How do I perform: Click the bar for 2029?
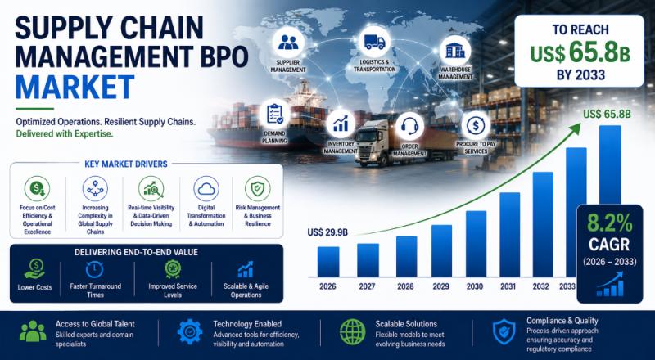pyautogui.click(x=441, y=251)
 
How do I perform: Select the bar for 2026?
pyautogui.click(x=328, y=262)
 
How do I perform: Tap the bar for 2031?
pyautogui.click(x=509, y=235)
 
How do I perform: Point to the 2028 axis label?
pyautogui.click(x=405, y=287)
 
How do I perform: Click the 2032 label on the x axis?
pyautogui.click(x=540, y=287)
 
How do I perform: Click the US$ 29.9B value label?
pyautogui.click(x=327, y=232)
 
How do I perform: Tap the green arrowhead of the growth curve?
pyautogui.click(x=576, y=128)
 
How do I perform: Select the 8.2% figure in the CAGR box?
pyautogui.click(x=609, y=224)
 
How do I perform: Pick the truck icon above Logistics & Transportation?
pyautogui.click(x=374, y=42)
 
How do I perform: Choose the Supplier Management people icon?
pyautogui.click(x=288, y=43)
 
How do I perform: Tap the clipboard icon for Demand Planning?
pyautogui.click(x=274, y=114)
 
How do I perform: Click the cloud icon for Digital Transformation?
pyautogui.click(x=206, y=189)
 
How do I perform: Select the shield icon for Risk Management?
pyautogui.click(x=258, y=189)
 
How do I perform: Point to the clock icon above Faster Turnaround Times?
pyautogui.click(x=94, y=269)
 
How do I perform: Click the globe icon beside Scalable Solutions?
pyautogui.click(x=352, y=332)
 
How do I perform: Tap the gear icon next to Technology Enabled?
pyautogui.click(x=190, y=331)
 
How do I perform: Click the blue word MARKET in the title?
pyautogui.click(x=75, y=88)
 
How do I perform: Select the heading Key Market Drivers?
pyautogui.click(x=126, y=164)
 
